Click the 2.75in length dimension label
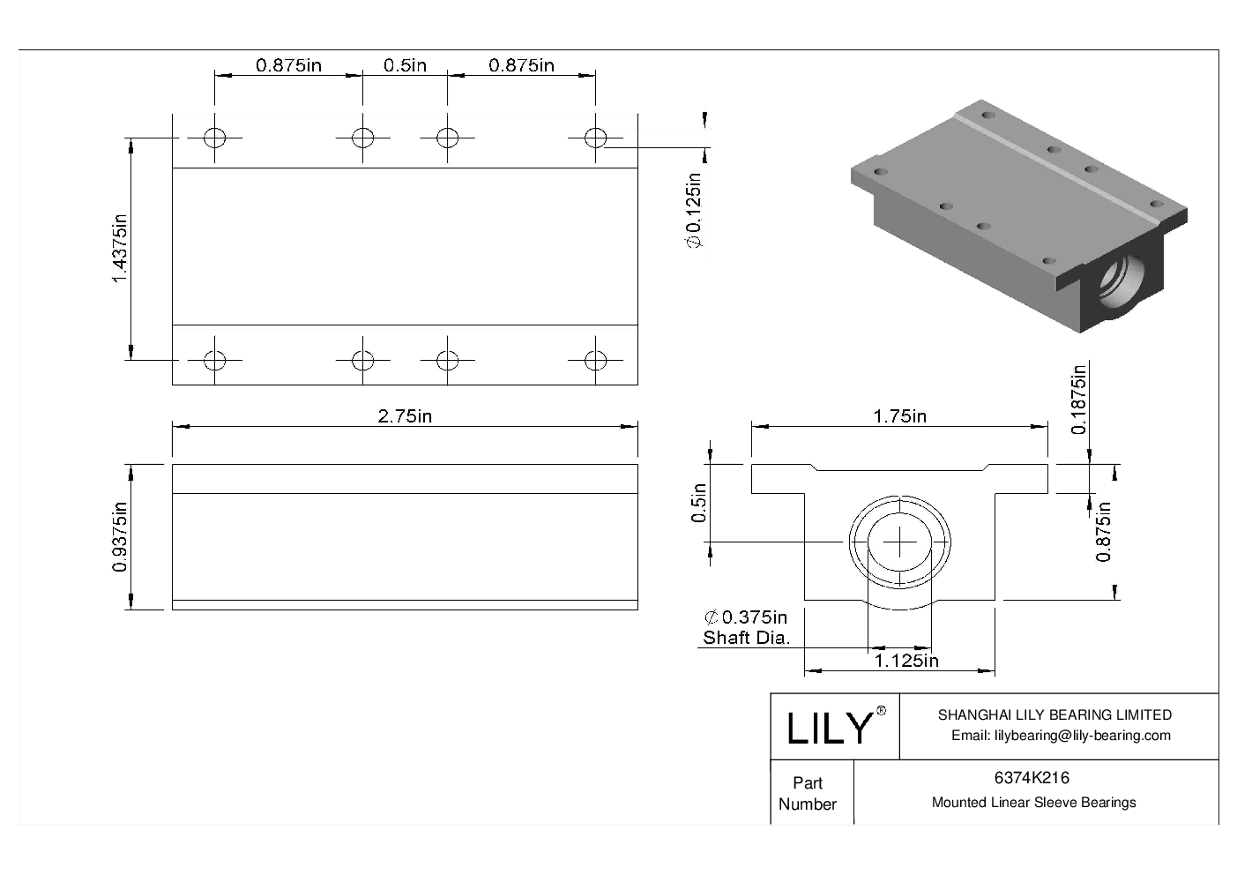tap(405, 416)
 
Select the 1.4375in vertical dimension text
tap(121, 249)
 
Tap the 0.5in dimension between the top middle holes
tap(405, 65)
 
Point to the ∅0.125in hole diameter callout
tap(694, 212)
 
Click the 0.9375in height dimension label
tap(121, 536)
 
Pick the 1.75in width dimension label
tap(899, 416)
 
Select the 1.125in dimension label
tap(905, 660)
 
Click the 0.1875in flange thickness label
tap(1078, 400)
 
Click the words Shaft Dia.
tap(746, 638)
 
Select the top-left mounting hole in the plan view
tap(214, 138)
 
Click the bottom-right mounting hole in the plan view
tap(596, 360)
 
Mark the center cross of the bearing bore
tap(898, 541)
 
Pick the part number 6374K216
tap(1032, 778)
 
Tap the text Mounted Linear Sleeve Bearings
tap(1033, 803)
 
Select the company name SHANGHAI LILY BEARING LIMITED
tap(1054, 715)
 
